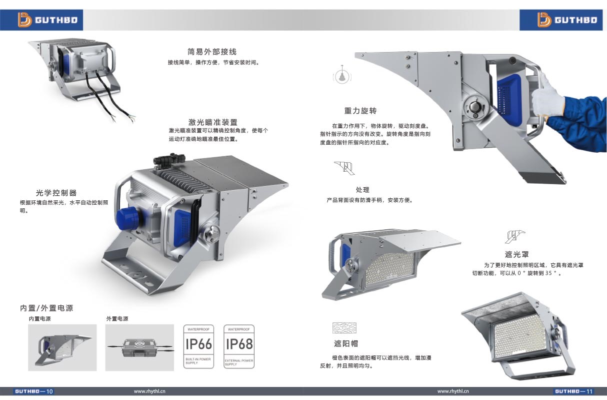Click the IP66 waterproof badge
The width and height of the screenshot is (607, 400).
pos(198,346)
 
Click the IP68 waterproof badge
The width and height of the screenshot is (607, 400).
pos(239,346)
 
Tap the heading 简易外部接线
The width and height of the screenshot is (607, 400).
pos(212,52)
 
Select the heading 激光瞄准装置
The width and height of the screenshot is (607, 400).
pos(212,122)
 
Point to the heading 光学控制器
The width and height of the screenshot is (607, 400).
pos(56,193)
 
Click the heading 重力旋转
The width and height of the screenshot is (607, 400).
pos(360,111)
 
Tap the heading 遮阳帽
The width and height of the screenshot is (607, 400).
pos(346,343)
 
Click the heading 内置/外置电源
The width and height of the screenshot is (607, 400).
pos(46,308)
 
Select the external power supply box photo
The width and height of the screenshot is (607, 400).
pos(139,347)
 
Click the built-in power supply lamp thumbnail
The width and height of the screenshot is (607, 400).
pos(62,347)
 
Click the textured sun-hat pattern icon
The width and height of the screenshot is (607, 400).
pos(344,328)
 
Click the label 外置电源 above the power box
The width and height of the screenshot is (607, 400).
pos(117,319)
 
